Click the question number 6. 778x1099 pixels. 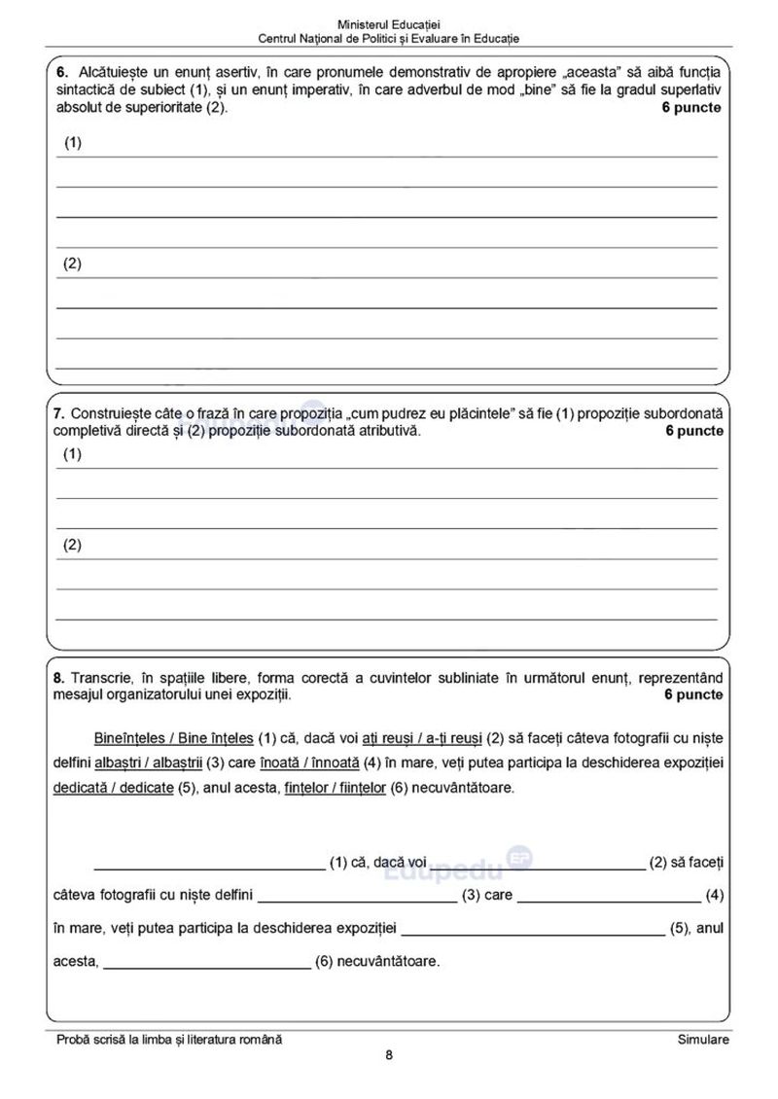tap(60, 73)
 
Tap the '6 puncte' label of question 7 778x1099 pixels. tap(694, 432)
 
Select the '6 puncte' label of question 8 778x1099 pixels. tap(693, 695)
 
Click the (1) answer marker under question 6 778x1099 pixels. tap(74, 143)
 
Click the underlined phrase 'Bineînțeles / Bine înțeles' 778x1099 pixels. tap(174, 736)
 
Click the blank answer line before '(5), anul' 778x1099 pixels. tap(533, 933)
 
